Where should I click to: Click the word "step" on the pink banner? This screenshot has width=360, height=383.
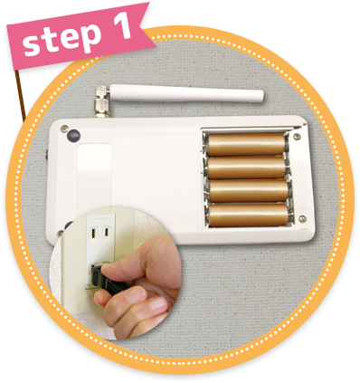pos(56,40)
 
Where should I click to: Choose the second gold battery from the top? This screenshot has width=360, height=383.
pos(247,168)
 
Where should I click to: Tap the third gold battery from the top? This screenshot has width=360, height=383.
pos(247,190)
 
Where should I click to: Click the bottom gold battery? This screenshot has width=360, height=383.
pos(247,215)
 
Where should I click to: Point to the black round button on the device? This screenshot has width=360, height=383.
pos(72,137)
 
